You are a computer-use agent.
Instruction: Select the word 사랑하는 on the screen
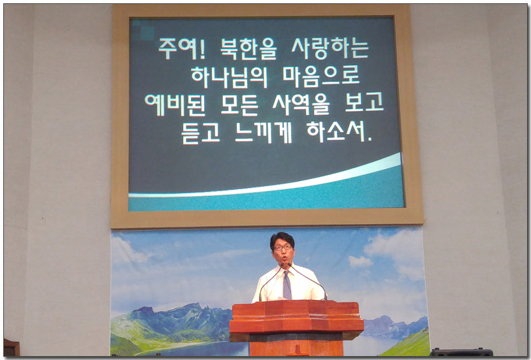tap(330, 49)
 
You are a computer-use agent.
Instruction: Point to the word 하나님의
tap(230, 78)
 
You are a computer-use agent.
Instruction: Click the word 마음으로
tap(321, 76)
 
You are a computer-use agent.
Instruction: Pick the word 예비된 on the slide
tap(175, 105)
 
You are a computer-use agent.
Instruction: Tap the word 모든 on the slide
tap(239, 105)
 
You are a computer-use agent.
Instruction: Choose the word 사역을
tap(301, 105)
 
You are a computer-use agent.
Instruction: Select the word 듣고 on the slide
tap(201, 133)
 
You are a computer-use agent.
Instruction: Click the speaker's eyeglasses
tap(283, 248)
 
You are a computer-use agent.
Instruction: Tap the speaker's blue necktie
tap(287, 285)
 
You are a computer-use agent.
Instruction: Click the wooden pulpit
tap(296, 326)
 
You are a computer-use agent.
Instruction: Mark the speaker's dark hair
tap(282, 238)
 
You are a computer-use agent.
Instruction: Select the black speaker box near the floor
tap(461, 352)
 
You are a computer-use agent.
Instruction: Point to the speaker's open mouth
tap(284, 258)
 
